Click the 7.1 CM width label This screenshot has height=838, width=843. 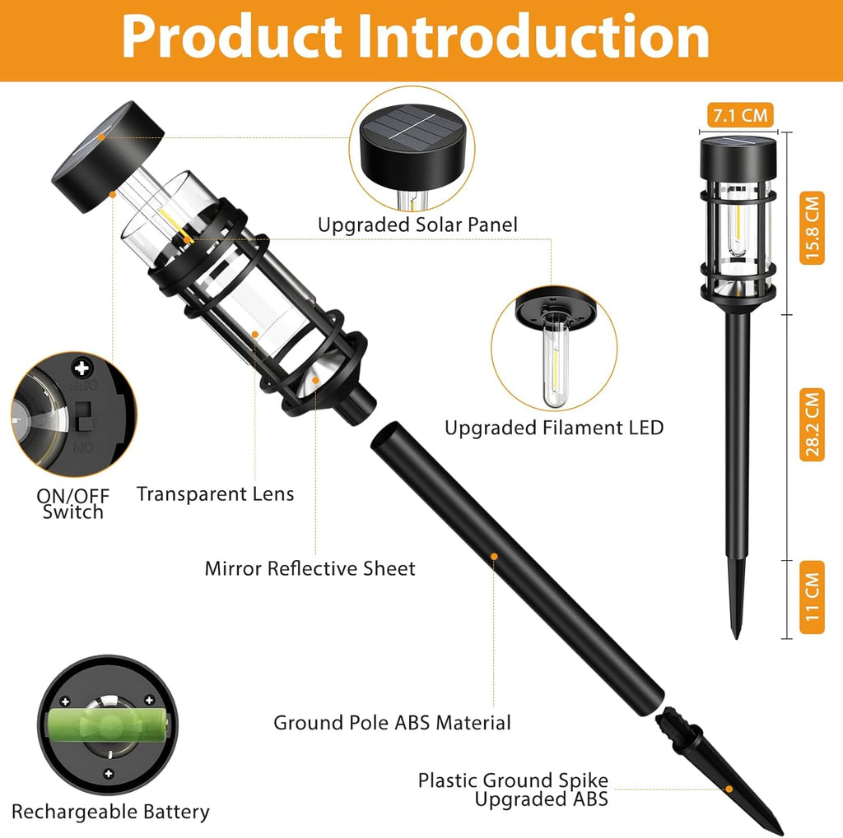740,115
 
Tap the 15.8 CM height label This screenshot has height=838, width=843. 812,228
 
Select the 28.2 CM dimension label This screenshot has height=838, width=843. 812,425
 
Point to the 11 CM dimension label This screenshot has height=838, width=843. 812,597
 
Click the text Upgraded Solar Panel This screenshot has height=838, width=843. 417,225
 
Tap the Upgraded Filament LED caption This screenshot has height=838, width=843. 554,428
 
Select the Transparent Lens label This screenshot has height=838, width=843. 215,493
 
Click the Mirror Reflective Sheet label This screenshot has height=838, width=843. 310,568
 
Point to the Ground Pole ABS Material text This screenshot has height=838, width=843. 392,723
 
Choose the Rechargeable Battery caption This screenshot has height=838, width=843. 111,812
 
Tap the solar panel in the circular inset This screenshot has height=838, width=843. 412,127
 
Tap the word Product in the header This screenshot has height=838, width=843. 232,36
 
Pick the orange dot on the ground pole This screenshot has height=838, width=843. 494,557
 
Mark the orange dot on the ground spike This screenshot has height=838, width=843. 729,789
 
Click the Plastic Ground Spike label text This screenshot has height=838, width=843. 513,780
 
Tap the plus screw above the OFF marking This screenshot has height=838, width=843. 82,368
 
